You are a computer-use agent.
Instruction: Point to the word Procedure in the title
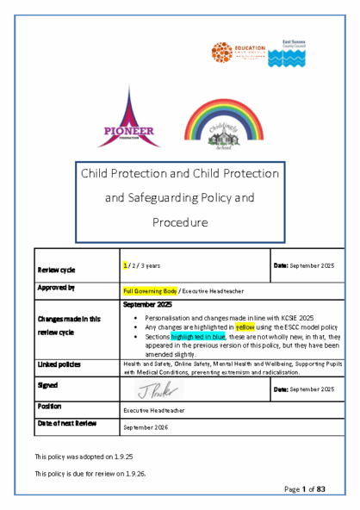[180, 222]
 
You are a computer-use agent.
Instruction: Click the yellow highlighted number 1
[126, 266]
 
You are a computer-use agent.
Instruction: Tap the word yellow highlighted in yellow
[245, 327]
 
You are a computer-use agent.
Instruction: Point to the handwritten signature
[158, 389]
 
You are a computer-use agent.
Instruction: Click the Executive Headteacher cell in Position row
[153, 411]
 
